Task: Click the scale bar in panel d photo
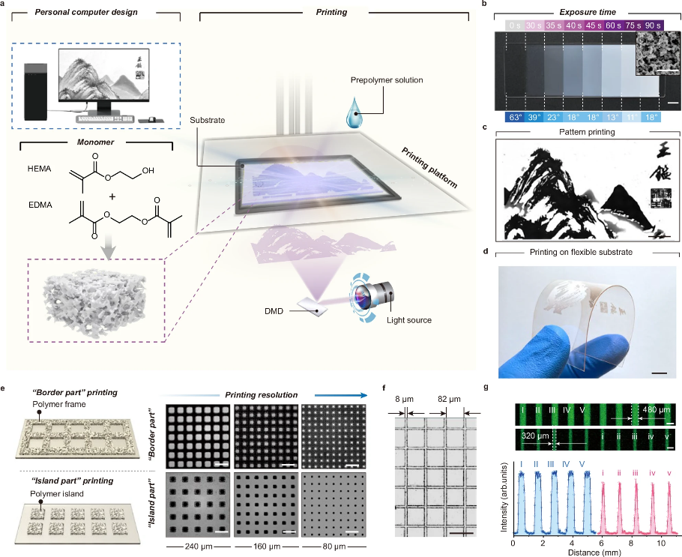(x=659, y=372)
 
